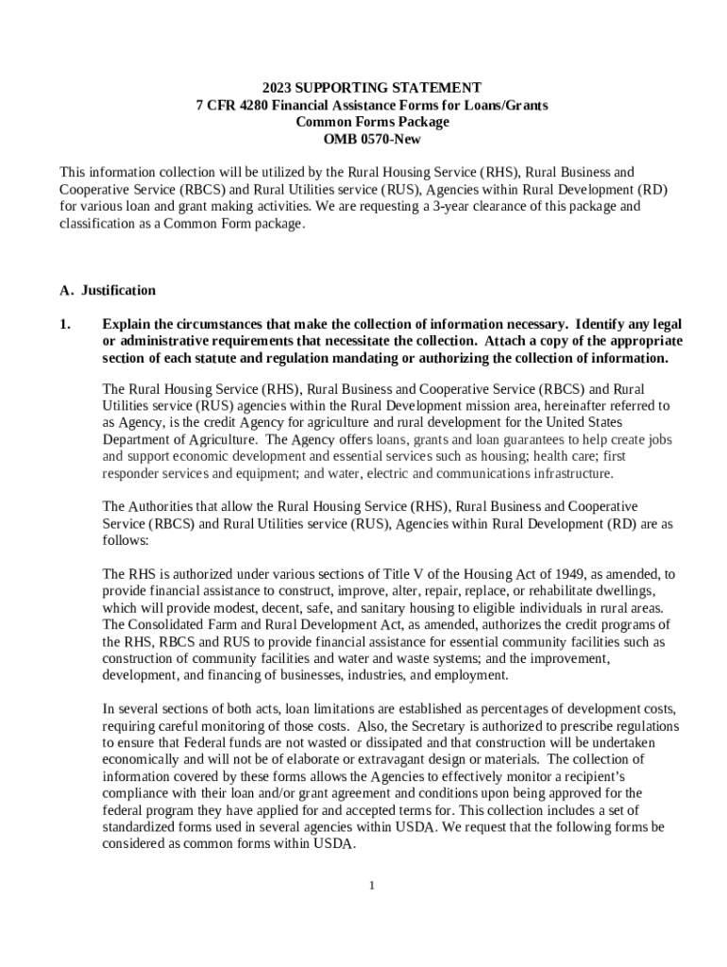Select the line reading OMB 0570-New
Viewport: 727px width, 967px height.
[x=371, y=139]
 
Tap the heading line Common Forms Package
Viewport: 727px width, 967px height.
[x=372, y=122]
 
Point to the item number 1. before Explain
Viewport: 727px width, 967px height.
[x=65, y=324]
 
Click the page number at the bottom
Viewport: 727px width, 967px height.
[x=372, y=885]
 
